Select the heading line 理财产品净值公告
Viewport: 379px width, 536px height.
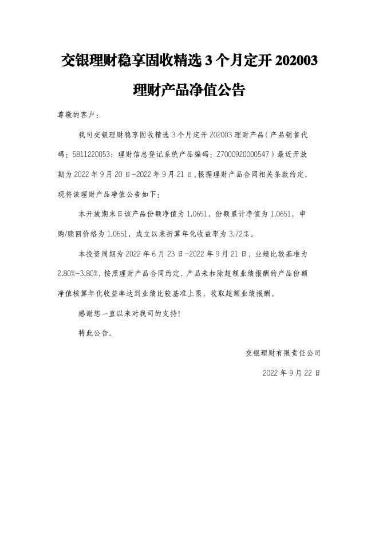click(189, 90)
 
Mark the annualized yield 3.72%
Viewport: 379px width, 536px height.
click(238, 234)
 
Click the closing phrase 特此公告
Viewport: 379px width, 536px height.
click(94, 333)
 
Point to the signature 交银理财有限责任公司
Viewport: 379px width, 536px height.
click(283, 353)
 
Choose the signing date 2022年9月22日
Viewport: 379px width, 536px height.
click(291, 372)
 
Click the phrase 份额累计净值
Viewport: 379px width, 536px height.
click(234, 214)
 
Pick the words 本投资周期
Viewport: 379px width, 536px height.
click(94, 253)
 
